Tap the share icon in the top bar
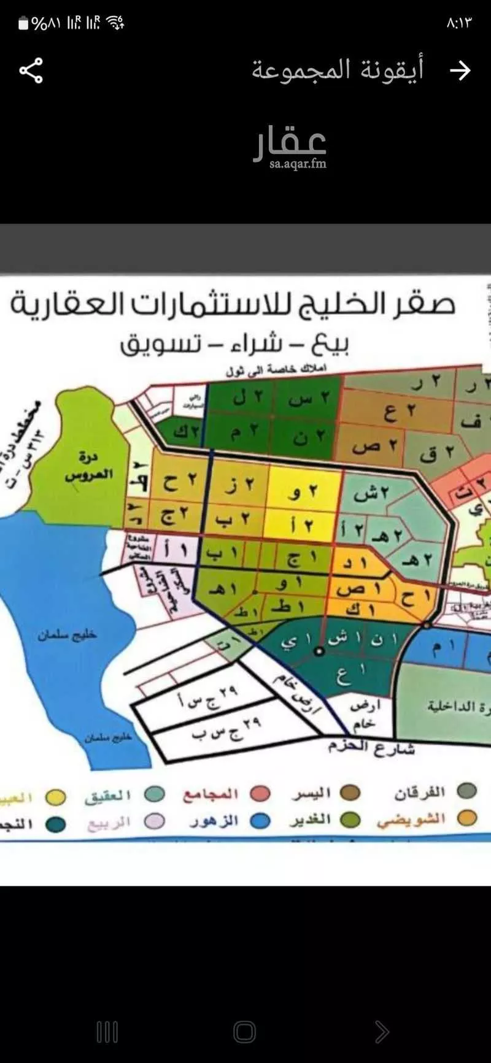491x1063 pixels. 31,71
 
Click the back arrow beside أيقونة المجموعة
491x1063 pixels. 460,71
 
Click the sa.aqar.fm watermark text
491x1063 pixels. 298,164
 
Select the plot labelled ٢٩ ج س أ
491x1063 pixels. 209,697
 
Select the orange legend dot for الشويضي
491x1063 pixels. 468,818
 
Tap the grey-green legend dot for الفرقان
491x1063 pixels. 468,791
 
